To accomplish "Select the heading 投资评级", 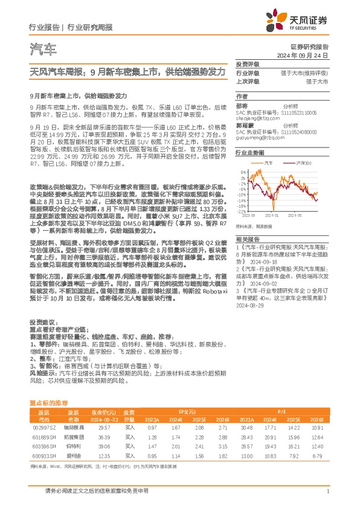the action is point(247,63).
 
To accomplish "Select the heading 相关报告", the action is point(247,241).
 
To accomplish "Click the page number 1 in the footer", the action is point(327,498).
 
